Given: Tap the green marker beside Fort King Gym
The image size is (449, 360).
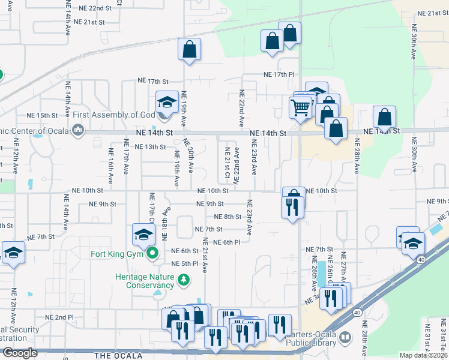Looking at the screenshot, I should tap(153, 253).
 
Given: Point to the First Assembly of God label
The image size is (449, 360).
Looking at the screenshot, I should tap(119, 115).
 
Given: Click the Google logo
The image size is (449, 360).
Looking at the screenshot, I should tap(19, 353).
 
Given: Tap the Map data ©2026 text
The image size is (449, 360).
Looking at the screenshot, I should tap(424, 355).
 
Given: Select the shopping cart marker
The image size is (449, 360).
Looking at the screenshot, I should tap(300, 107).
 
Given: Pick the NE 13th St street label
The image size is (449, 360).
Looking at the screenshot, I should tap(150, 146).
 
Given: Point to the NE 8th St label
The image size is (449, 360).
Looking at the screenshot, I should tap(228, 217).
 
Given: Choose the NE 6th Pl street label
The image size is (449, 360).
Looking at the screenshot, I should tap(226, 242).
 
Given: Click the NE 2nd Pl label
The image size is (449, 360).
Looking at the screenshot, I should tap(58, 317).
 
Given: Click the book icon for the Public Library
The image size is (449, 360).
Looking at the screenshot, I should tap(345, 337).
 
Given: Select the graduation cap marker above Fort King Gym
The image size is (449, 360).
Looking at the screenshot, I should tap(144, 235).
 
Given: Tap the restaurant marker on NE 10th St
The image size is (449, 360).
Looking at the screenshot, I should tap(291, 207).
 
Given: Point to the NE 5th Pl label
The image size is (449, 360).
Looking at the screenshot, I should tap(185, 263).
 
